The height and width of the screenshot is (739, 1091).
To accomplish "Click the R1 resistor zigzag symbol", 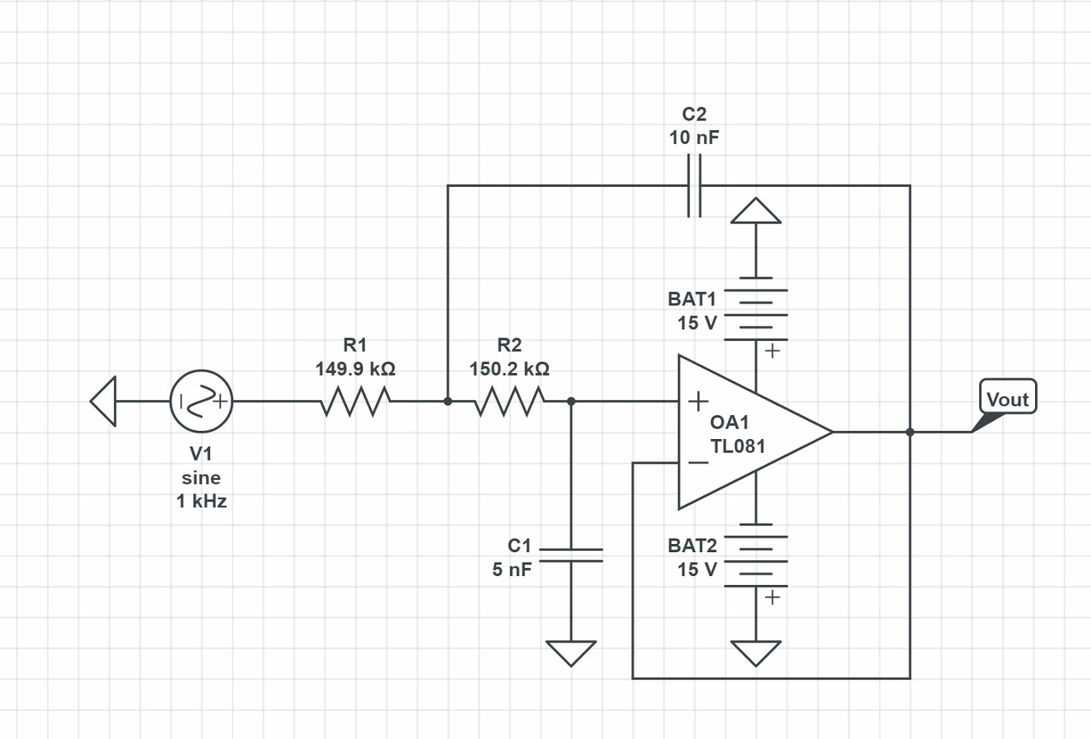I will click(x=355, y=402).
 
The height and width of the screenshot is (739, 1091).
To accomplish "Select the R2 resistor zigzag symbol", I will click(x=509, y=402).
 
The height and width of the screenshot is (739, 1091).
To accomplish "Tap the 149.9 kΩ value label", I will click(x=355, y=369).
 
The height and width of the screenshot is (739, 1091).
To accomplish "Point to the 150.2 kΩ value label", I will click(x=509, y=369).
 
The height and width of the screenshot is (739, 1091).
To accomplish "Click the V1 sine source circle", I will click(x=201, y=402).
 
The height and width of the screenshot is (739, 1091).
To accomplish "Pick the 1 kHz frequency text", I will click(x=201, y=501).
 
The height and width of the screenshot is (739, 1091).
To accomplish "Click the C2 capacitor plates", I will click(x=694, y=185).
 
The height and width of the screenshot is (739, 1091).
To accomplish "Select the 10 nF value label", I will click(x=693, y=138).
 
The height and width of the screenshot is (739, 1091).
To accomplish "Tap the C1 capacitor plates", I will click(x=571, y=555).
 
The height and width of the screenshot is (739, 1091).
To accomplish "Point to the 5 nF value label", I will click(x=512, y=569).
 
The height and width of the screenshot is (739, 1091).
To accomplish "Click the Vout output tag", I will click(x=1007, y=398).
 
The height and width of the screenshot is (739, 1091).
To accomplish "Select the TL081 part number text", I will click(x=738, y=446).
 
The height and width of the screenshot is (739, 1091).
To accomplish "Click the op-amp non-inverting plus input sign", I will click(x=698, y=401).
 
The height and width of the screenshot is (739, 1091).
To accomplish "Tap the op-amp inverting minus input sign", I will click(x=698, y=463).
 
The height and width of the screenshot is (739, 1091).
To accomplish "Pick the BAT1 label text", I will click(x=692, y=299).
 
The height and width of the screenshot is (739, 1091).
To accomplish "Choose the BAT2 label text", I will click(x=692, y=545).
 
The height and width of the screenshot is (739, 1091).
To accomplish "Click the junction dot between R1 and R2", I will click(x=448, y=402).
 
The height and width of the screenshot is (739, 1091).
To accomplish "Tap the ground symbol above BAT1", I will click(x=756, y=211).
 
